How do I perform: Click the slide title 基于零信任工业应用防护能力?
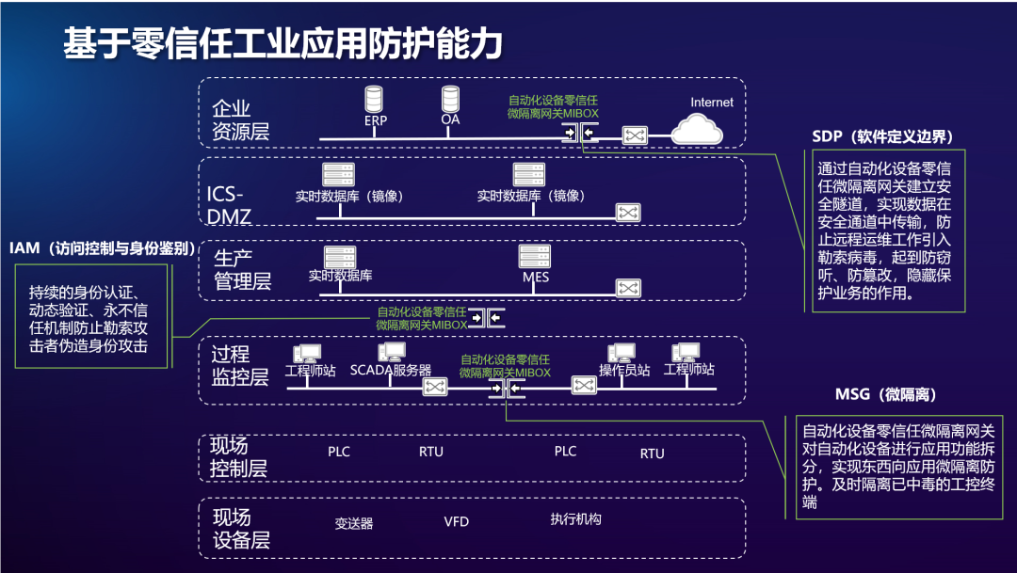click(282, 44)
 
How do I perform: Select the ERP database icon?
click(375, 99)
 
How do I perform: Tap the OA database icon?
click(450, 98)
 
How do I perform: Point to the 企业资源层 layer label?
click(241, 119)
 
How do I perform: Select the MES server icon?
click(535, 257)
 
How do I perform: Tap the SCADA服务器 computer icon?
click(391, 353)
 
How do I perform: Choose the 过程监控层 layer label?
click(239, 365)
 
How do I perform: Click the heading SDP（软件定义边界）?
click(883, 137)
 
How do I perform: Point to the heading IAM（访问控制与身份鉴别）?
click(103, 248)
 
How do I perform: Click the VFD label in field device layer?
click(456, 521)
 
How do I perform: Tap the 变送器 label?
click(354, 522)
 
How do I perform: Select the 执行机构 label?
click(575, 519)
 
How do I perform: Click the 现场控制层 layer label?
click(238, 456)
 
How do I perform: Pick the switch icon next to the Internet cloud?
click(636, 136)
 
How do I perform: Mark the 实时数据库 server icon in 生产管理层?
click(340, 257)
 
